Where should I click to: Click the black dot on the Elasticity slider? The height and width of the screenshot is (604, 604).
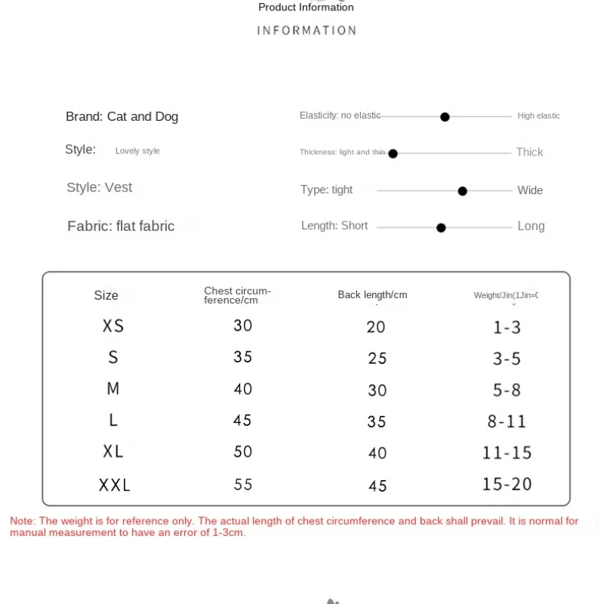tap(445, 117)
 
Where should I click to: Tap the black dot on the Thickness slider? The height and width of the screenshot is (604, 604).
tap(393, 153)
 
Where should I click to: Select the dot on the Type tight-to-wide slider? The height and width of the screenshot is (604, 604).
tap(462, 191)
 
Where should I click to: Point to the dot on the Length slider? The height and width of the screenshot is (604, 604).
tap(441, 227)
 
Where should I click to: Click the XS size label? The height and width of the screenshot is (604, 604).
tap(113, 326)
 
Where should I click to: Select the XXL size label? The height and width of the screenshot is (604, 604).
tap(115, 485)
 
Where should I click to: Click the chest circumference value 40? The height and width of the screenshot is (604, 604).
tap(242, 389)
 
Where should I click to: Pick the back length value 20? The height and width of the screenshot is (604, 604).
tap(376, 327)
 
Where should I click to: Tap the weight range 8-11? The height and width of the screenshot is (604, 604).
tap(507, 421)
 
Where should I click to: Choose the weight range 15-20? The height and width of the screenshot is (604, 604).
tap(507, 484)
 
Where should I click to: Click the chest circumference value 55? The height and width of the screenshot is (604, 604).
tap(242, 485)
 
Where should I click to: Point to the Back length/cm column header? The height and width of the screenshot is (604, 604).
tap(372, 294)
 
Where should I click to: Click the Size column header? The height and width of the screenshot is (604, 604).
tap(106, 295)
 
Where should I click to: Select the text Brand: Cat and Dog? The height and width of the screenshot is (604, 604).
tap(122, 116)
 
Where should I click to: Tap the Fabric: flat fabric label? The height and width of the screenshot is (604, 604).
tap(121, 226)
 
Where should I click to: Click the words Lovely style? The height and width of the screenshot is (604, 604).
tap(137, 151)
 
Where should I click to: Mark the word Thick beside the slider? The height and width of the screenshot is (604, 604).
tap(529, 153)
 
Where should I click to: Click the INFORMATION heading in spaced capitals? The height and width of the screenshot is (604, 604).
tap(307, 31)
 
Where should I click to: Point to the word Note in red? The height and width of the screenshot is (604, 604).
tap(22, 521)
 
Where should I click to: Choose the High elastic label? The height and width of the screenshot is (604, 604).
tap(538, 116)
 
